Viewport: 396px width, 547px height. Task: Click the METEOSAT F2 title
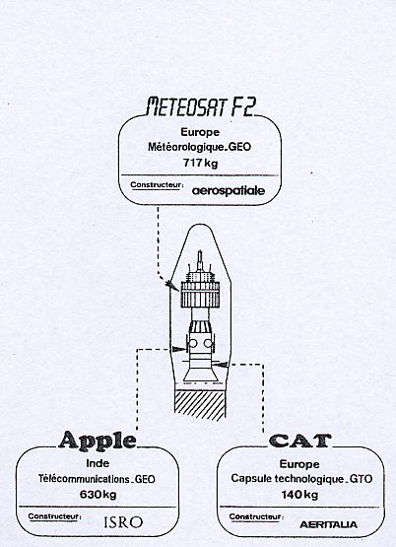pyautogui.click(x=201, y=106)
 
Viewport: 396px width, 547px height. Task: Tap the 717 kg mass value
pyautogui.click(x=200, y=163)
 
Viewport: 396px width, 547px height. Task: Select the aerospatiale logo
pyautogui.click(x=229, y=190)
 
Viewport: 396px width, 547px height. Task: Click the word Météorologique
pyautogui.click(x=185, y=147)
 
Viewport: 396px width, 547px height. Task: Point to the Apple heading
pyautogui.click(x=98, y=441)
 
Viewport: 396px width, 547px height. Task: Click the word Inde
pyautogui.click(x=98, y=463)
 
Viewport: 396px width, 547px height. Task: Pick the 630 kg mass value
pyautogui.click(x=98, y=495)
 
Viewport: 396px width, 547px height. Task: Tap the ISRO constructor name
pyautogui.click(x=123, y=522)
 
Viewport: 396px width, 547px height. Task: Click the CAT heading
pyautogui.click(x=300, y=441)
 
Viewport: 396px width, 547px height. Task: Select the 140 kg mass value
pyautogui.click(x=299, y=495)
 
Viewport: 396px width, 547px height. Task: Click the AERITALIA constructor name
pyautogui.click(x=328, y=524)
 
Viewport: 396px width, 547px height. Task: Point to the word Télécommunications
pyautogui.click(x=84, y=479)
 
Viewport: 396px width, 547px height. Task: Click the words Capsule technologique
pyautogui.click(x=286, y=479)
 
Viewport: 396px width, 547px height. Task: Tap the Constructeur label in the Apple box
pyautogui.click(x=54, y=516)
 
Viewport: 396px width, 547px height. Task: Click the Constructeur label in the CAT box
pyautogui.click(x=256, y=516)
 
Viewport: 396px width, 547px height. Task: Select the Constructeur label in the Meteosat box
pyautogui.click(x=157, y=185)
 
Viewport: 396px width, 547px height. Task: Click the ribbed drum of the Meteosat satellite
pyautogui.click(x=200, y=295)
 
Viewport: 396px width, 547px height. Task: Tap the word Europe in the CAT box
pyautogui.click(x=299, y=464)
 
